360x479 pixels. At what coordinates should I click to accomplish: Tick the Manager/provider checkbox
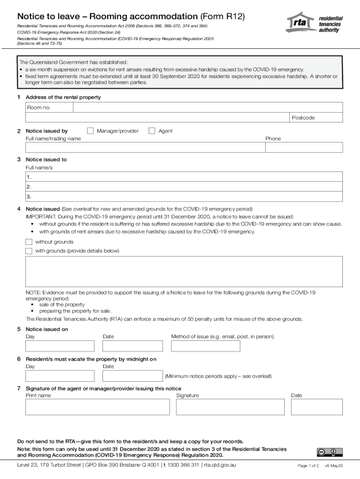(91, 131)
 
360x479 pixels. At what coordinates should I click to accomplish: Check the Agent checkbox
(152, 131)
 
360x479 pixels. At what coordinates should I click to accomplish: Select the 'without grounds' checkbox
(29, 242)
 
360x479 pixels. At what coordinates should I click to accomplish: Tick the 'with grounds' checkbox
(29, 251)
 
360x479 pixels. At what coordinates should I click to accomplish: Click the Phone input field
(304, 147)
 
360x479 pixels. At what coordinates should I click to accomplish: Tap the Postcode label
(303, 118)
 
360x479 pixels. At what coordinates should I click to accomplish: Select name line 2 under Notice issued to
(184, 187)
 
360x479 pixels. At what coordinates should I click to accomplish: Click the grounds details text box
(184, 271)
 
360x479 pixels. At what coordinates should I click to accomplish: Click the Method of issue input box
(205, 346)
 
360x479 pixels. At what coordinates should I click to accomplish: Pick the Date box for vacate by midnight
(132, 376)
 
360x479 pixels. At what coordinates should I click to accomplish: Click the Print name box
(97, 406)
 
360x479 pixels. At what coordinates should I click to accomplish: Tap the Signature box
(230, 406)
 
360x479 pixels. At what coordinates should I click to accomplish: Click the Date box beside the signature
(317, 406)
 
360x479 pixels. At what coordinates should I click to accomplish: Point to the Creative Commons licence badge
(330, 452)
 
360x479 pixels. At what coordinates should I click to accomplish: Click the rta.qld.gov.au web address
(220, 465)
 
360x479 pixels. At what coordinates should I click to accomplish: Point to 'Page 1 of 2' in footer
(308, 466)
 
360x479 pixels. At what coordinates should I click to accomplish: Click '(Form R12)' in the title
(221, 16)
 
